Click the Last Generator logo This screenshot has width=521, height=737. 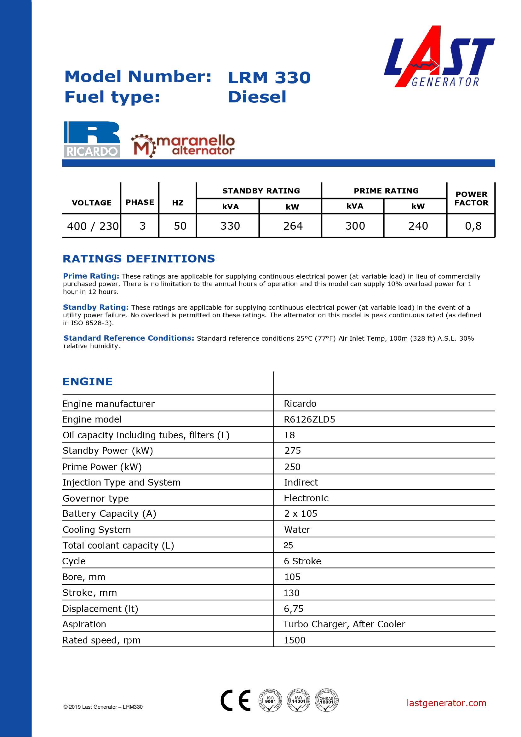[x=439, y=57]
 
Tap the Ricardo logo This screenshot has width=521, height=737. [x=92, y=139]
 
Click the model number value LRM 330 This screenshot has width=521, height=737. [x=269, y=78]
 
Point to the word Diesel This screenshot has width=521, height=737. [x=257, y=97]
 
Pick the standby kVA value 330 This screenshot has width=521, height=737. [x=230, y=226]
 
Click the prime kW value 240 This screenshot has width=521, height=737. [x=418, y=226]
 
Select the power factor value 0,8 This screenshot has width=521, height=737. [x=473, y=226]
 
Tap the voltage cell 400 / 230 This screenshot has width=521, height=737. [x=93, y=226]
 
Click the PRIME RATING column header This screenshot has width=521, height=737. [x=386, y=191]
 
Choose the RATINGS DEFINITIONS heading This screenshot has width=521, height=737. [x=139, y=259]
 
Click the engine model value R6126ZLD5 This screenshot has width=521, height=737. [x=309, y=419]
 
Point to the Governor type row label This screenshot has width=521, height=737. [x=96, y=498]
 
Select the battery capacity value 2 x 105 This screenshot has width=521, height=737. [x=301, y=514]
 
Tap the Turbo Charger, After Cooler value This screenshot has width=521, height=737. [x=344, y=624]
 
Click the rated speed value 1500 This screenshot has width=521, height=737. [x=295, y=640]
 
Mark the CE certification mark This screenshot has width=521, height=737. [x=236, y=700]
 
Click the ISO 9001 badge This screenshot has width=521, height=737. [x=270, y=700]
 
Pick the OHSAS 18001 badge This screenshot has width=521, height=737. [x=326, y=700]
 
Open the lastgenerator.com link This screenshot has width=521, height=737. [x=446, y=703]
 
